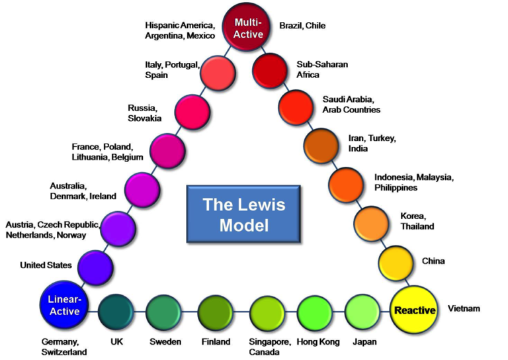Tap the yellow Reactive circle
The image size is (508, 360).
(415, 309)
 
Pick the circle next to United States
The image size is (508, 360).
(95, 267)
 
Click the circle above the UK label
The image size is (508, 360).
(116, 312)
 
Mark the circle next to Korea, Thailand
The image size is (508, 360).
(372, 223)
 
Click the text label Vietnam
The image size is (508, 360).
(464, 308)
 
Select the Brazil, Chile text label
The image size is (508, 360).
(302, 26)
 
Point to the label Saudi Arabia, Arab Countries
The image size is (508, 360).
(351, 104)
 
